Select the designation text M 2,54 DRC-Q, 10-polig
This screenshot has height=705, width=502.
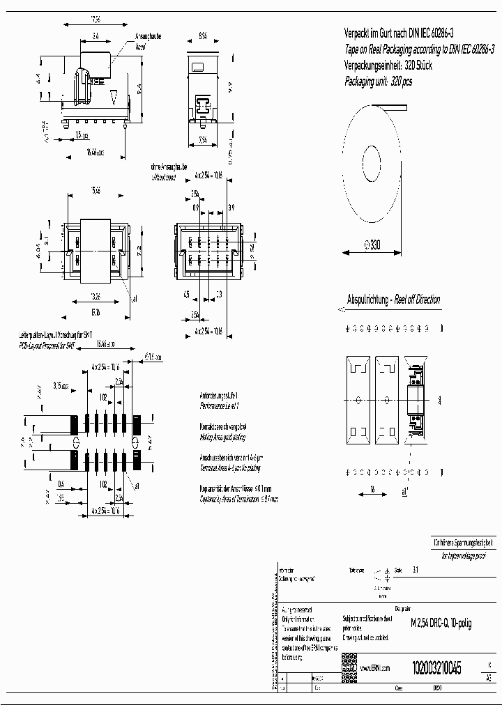click(441, 623)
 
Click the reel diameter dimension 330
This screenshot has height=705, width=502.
click(374, 245)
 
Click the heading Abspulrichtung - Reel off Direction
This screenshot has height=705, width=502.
click(393, 300)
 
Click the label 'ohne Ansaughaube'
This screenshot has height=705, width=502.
click(169, 168)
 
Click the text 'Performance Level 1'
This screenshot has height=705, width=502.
click(220, 405)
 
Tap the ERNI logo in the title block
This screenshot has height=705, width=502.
click(348, 667)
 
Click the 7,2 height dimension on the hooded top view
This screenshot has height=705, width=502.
click(139, 248)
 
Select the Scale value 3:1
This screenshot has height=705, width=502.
click(416, 569)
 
